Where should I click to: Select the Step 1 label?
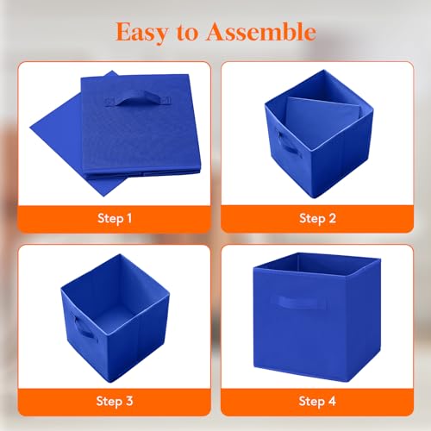pos(115,218)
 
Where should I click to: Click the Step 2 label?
pos(317,218)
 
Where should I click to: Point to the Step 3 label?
pos(115,401)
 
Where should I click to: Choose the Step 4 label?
pos(317,401)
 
